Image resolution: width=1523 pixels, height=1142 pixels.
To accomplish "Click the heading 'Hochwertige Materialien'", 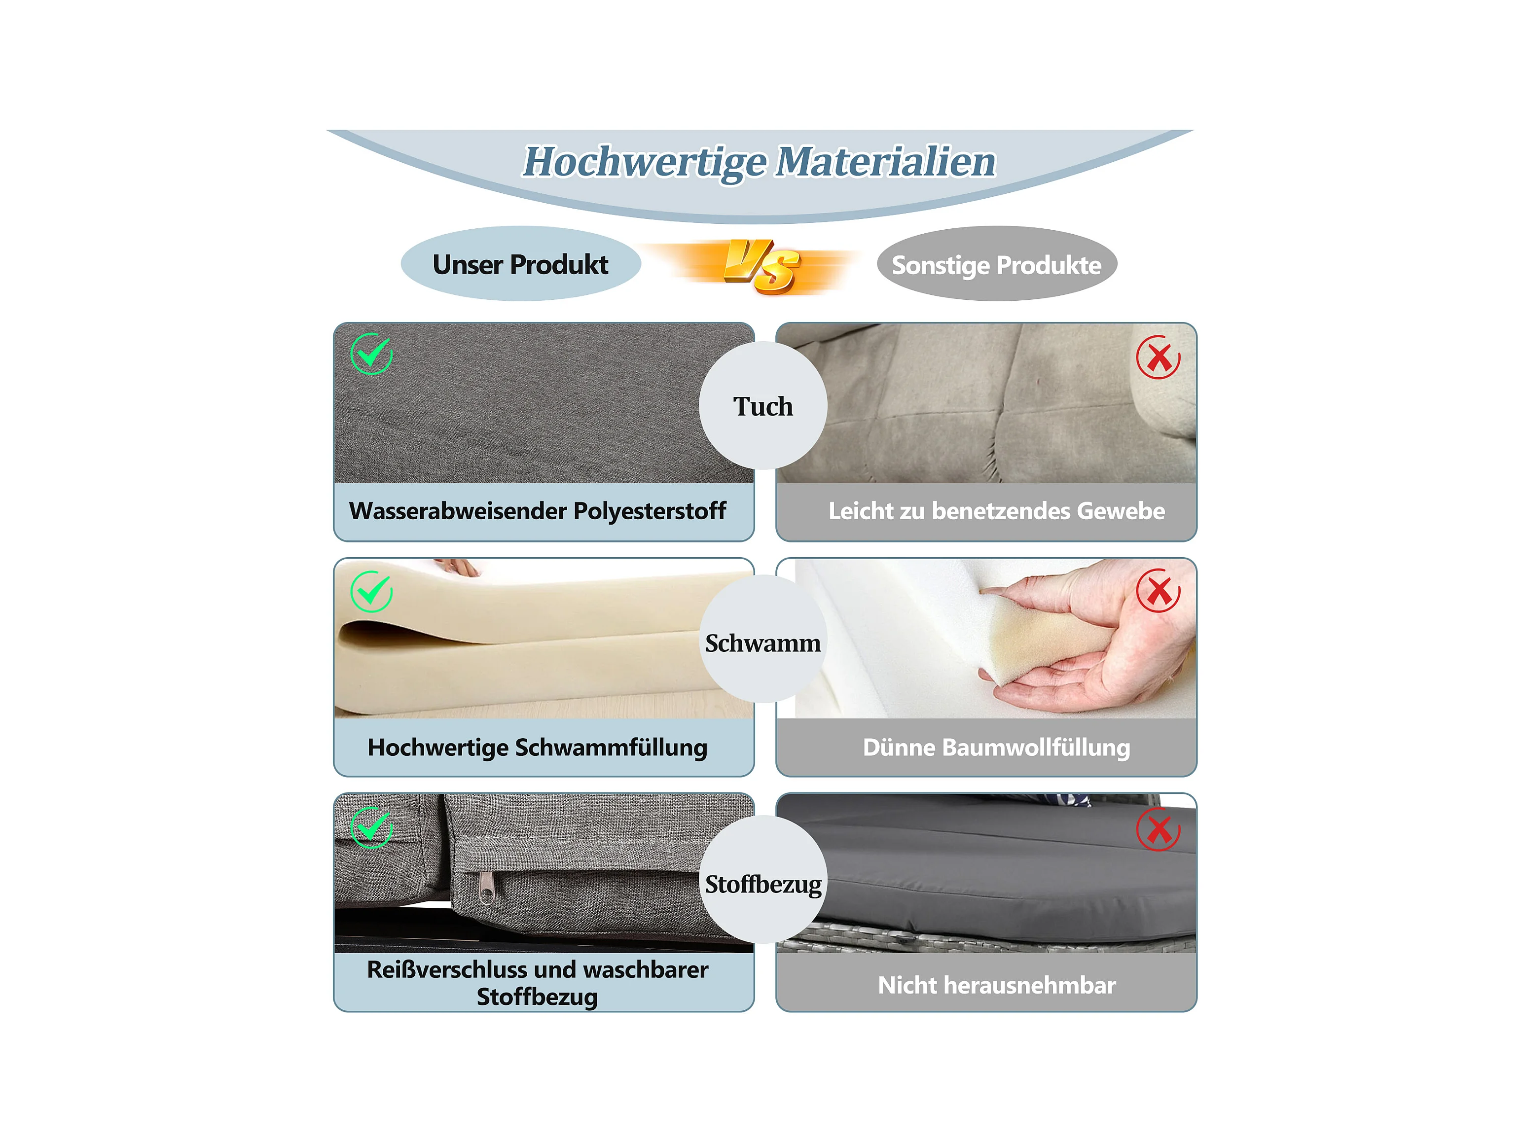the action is tap(760, 162).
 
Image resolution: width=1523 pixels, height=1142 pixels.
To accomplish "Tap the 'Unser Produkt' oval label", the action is tap(520, 264).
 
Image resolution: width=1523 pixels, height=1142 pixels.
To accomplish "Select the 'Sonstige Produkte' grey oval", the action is tap(996, 264).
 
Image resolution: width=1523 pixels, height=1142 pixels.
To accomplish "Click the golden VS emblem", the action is tap(761, 266).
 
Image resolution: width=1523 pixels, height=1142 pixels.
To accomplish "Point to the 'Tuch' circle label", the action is tap(763, 406).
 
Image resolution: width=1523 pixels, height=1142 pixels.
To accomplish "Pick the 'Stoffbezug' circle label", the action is tap(763, 884).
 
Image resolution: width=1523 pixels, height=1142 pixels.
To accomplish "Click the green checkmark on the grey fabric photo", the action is tap(371, 354).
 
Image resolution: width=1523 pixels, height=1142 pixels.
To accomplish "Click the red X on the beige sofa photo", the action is tap(1158, 357).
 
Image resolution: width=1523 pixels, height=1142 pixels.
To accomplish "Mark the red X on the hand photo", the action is tap(1158, 591).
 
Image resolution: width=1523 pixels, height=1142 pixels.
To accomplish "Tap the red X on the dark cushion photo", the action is tap(1158, 829).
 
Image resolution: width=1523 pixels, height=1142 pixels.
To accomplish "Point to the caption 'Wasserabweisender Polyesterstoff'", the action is tap(537, 511).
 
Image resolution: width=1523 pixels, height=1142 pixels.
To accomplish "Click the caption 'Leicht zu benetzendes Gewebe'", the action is tap(996, 511).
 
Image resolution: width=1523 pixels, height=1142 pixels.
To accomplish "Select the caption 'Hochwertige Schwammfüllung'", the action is tap(537, 748).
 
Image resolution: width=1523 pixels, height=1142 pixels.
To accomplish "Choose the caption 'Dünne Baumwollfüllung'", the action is tap(996, 748).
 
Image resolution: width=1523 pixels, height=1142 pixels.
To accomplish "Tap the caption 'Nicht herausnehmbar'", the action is tap(996, 985).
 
